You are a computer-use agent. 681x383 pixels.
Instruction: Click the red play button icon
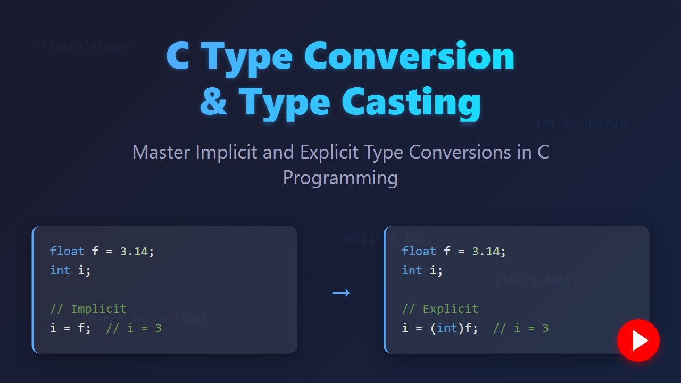638,340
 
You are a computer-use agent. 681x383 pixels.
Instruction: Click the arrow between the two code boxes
340,293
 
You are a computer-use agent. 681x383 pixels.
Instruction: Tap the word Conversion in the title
409,57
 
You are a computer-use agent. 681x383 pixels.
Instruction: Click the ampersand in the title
214,102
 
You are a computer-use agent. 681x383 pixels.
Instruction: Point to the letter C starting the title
178,57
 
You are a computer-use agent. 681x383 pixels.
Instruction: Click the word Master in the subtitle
161,153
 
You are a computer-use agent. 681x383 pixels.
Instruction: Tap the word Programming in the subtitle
340,177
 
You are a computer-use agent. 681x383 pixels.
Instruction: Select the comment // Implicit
88,309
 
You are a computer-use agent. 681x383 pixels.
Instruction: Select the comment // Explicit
440,309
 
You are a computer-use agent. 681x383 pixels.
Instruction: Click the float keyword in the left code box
67,251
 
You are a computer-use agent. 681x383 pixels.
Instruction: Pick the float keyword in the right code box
419,251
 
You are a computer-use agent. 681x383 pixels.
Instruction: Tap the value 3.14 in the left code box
134,251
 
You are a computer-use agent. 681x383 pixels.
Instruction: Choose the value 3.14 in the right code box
485,251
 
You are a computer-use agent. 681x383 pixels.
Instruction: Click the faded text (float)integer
82,46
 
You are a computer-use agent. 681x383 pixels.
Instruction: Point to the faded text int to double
580,123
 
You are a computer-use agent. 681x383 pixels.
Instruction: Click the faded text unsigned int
383,237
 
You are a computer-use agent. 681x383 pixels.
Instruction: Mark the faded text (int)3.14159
536,280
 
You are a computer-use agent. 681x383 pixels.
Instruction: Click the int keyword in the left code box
60,270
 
